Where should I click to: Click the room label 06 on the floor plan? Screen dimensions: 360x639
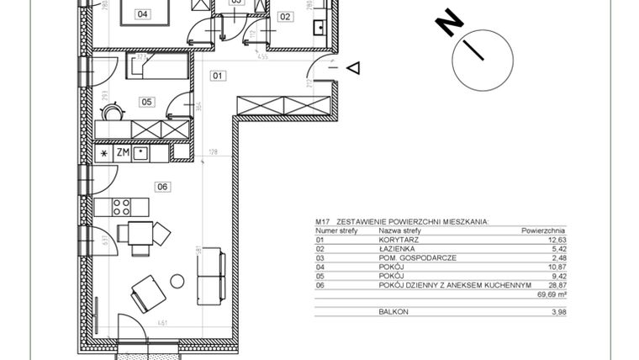coord(162,187)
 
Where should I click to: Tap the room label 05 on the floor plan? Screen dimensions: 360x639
coord(146,102)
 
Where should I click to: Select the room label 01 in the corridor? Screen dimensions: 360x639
coord(218,76)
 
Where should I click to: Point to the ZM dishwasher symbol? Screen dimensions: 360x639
coord(122,153)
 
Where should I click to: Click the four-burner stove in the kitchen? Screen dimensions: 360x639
coord(122,206)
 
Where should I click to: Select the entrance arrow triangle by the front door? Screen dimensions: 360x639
coord(355,67)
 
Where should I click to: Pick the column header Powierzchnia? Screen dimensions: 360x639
coord(543,230)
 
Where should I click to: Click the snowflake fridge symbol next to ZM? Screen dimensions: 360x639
coord(103,153)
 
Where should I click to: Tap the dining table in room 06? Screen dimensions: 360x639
coord(138,233)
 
